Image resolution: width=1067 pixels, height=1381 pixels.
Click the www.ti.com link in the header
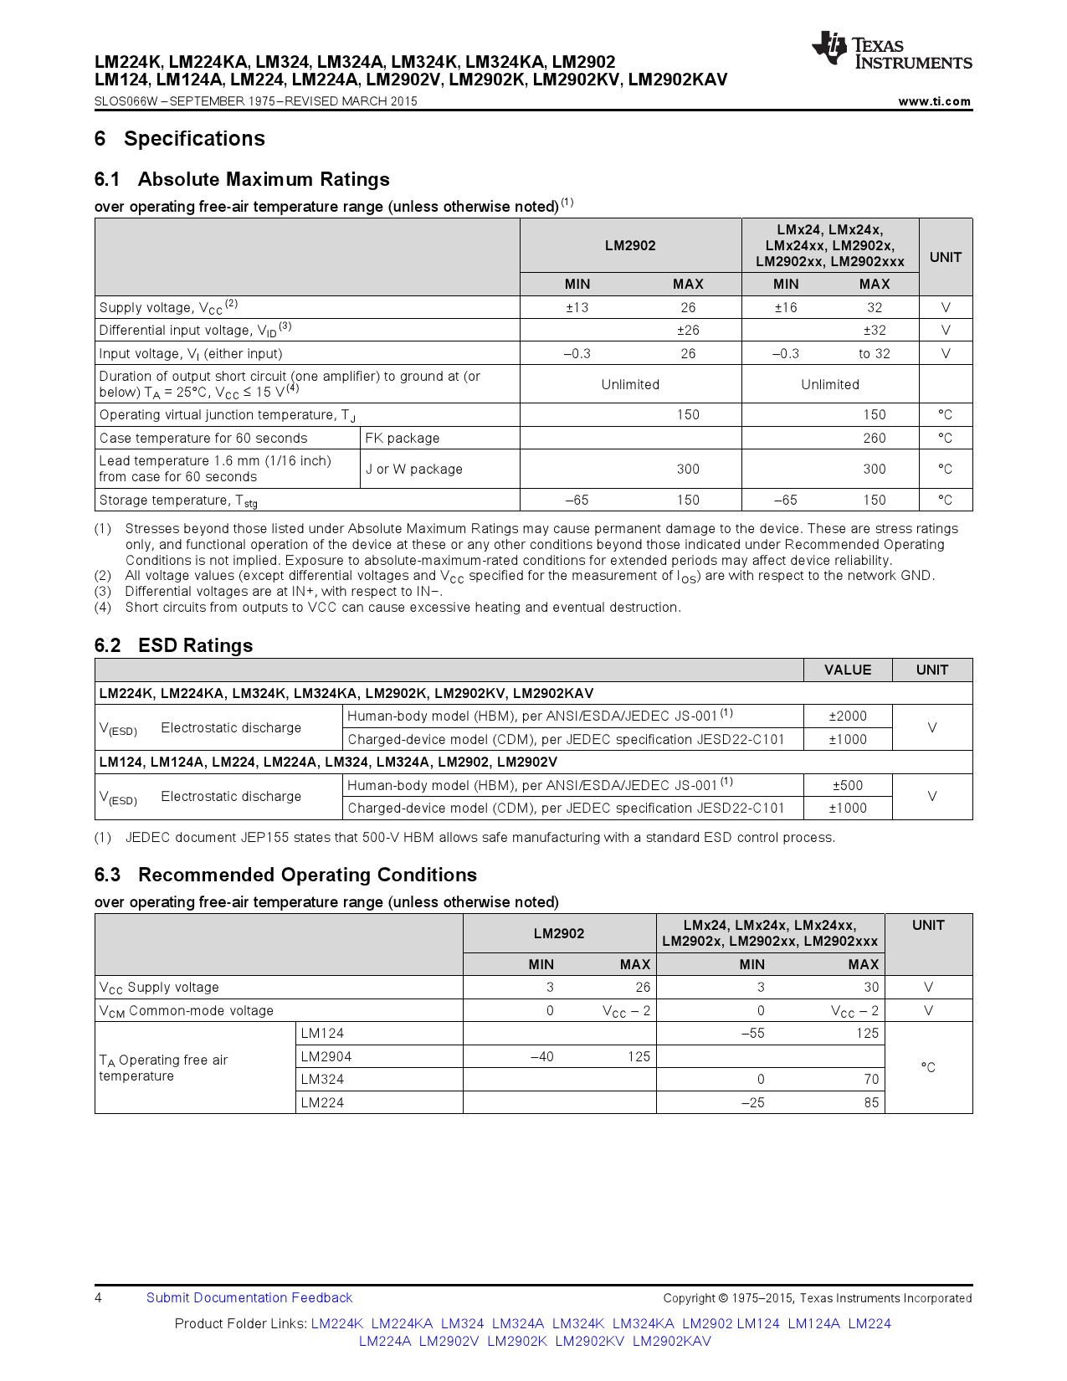click(x=934, y=101)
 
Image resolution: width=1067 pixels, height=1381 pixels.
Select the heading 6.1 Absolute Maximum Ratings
click(x=242, y=179)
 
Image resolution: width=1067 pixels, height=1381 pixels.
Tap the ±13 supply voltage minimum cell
click(x=577, y=307)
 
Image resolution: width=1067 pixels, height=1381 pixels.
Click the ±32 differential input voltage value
click(x=874, y=330)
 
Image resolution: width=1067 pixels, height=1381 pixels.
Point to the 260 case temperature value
click(x=874, y=438)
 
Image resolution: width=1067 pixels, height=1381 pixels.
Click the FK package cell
click(x=402, y=438)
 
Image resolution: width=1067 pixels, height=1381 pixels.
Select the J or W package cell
click(x=413, y=469)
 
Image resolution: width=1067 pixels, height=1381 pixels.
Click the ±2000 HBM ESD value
click(x=847, y=716)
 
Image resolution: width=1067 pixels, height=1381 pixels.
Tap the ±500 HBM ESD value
click(x=847, y=785)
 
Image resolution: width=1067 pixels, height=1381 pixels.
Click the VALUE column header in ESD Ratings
click(x=847, y=670)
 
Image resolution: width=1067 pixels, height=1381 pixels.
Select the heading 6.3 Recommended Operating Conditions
click(x=285, y=875)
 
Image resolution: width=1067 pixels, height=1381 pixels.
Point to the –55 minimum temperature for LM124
click(x=752, y=1033)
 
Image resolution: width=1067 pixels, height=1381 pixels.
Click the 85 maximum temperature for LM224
click(x=870, y=1102)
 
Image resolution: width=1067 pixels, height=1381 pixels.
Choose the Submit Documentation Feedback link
click(x=249, y=1297)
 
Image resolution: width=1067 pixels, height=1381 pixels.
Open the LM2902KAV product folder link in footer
click(x=671, y=1341)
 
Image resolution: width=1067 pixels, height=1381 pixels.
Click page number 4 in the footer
click(x=99, y=1297)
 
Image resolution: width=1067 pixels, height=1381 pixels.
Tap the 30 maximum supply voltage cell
click(x=870, y=987)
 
